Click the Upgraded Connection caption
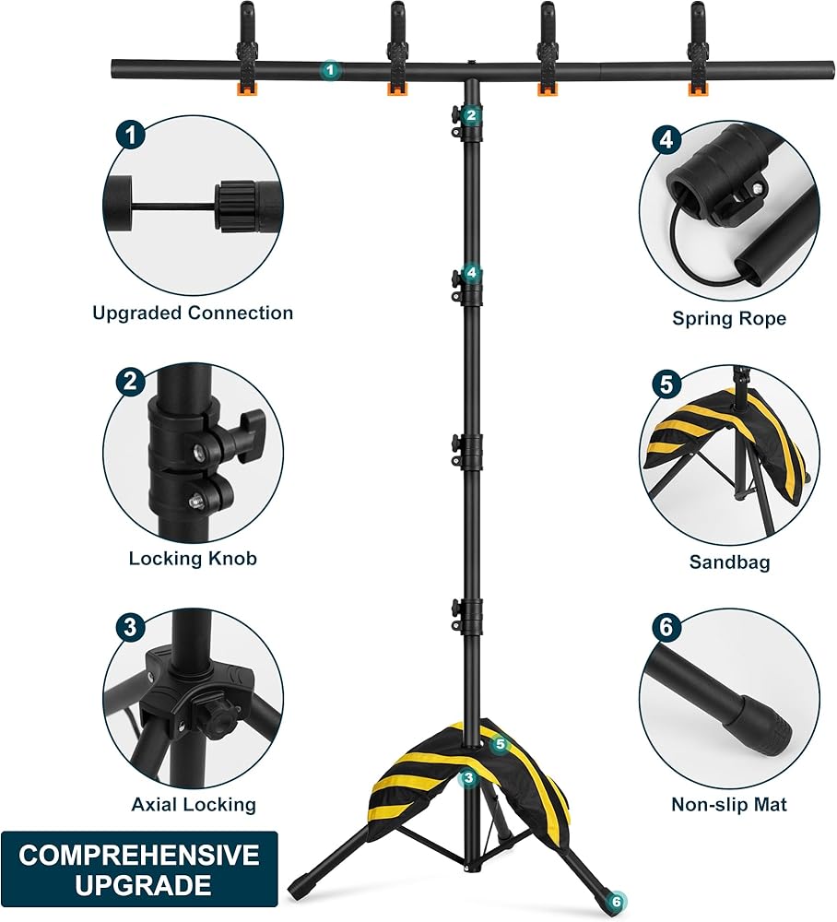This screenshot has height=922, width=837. click(x=193, y=313)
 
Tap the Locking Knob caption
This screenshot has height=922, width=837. click(x=193, y=558)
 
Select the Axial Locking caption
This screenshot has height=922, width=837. click(x=194, y=804)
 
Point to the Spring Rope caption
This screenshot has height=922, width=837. click(x=729, y=318)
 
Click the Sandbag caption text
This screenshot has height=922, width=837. click(x=729, y=561)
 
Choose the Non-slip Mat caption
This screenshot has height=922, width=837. click(x=729, y=804)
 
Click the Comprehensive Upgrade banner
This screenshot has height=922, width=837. click(x=139, y=869)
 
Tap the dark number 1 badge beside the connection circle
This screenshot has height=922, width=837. click(x=130, y=136)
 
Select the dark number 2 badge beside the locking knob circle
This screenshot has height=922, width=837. click(x=130, y=381)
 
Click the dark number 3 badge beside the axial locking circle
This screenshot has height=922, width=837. click(x=130, y=628)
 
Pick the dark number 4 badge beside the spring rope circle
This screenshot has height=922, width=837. click(x=666, y=140)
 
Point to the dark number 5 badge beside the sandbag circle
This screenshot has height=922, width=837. click(x=666, y=384)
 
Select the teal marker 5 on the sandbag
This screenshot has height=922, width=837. click(x=500, y=743)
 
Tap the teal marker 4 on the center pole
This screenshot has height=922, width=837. click(x=472, y=272)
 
